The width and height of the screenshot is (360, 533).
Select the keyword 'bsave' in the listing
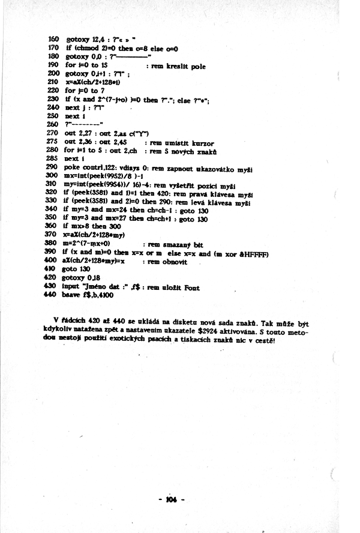[72, 295]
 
